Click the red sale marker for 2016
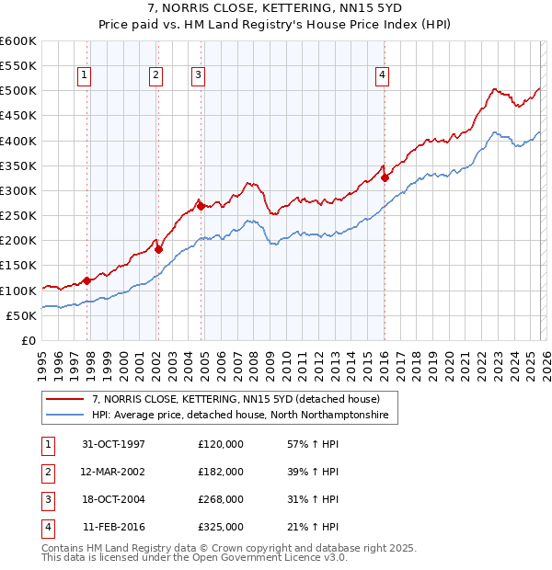point(385,178)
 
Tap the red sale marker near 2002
point(158,249)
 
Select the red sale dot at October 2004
point(201,206)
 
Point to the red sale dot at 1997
point(87,280)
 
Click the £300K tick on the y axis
point(18,190)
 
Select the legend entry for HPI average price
point(240,416)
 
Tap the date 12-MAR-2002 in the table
point(114,471)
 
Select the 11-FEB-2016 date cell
point(114,527)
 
